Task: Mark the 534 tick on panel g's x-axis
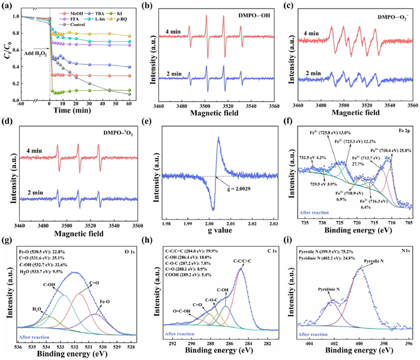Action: [46, 345]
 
